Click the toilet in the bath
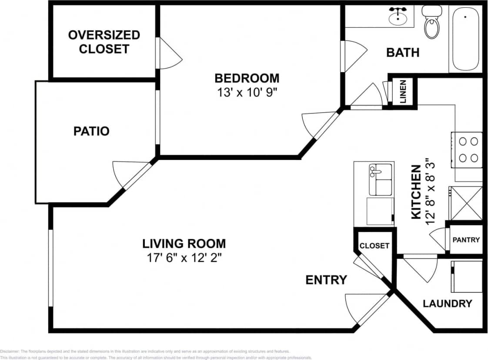click(432, 24)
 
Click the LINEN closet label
click(403, 92)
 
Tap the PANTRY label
click(466, 240)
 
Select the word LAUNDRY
click(447, 303)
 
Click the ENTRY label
click(326, 280)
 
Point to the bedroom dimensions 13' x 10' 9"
click(247, 93)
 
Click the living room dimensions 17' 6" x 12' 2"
click(184, 258)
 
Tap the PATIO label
click(91, 131)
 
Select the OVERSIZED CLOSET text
click(104, 42)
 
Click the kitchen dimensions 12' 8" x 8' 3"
click(431, 191)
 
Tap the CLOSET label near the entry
click(374, 246)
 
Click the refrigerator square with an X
click(466, 203)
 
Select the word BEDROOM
click(247, 78)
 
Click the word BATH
click(403, 53)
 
